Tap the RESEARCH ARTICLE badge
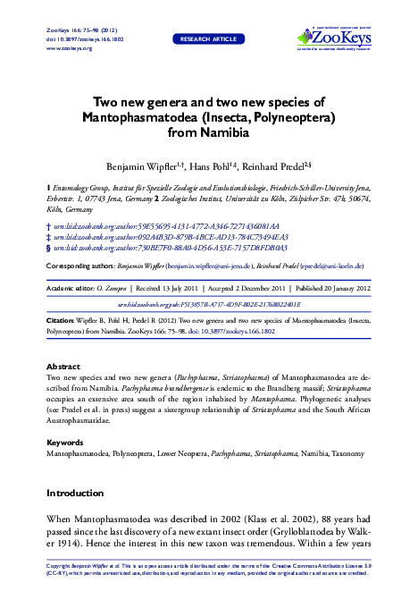(x=208, y=39)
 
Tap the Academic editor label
(x=71, y=290)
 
